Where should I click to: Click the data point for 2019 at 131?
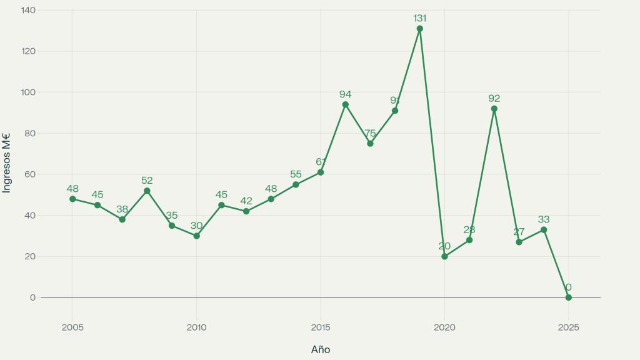(x=419, y=29)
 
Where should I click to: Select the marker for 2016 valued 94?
(x=345, y=104)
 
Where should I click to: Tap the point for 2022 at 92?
(x=494, y=109)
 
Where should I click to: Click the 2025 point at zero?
(x=568, y=297)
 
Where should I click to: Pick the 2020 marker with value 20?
(x=444, y=256)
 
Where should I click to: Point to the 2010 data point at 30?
(x=196, y=236)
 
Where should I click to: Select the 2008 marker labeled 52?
(x=147, y=191)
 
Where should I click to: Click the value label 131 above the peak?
(x=419, y=18)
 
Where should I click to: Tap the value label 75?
(x=370, y=133)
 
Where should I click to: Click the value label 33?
(x=544, y=219)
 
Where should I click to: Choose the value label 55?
(x=296, y=174)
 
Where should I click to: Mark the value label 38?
(x=122, y=209)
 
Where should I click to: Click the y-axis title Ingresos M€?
(x=7, y=162)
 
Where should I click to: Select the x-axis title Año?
(x=321, y=349)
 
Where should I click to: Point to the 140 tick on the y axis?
(x=28, y=10)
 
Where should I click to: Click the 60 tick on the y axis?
(x=30, y=174)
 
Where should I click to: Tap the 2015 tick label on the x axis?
(x=321, y=327)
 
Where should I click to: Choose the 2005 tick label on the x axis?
(x=72, y=327)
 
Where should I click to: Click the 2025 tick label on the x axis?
(x=568, y=327)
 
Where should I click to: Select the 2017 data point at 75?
(x=370, y=144)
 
